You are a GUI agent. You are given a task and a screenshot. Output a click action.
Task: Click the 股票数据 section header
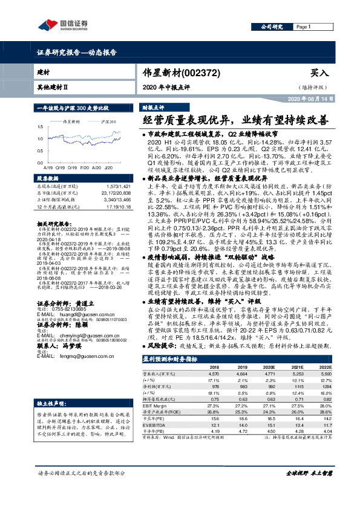click(x=46, y=179)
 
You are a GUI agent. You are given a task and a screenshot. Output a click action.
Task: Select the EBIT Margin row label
click(x=155, y=406)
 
